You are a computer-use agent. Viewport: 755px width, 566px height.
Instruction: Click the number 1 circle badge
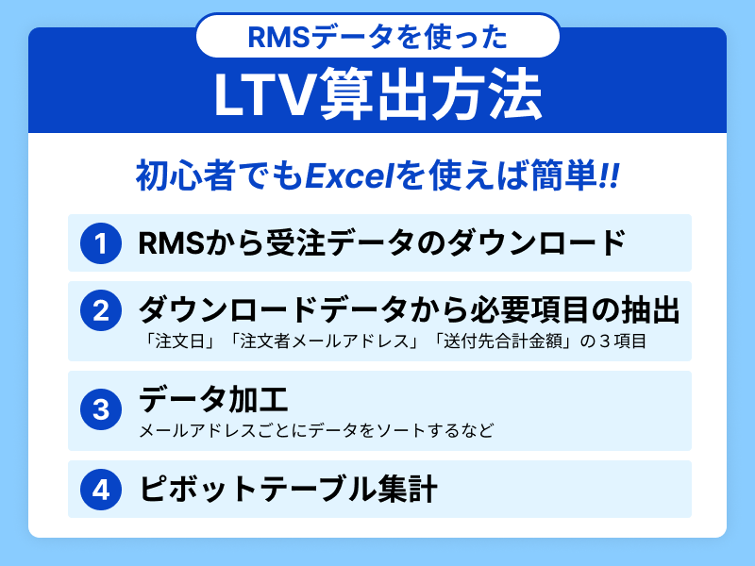click(x=101, y=243)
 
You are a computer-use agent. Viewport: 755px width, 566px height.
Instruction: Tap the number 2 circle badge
click(x=101, y=310)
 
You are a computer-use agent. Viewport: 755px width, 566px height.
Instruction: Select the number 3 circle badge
click(x=101, y=409)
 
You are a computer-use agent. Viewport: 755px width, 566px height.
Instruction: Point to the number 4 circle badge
click(x=101, y=490)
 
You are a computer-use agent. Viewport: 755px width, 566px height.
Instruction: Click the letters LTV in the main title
click(x=264, y=95)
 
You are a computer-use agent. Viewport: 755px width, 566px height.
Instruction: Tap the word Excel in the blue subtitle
click(x=351, y=175)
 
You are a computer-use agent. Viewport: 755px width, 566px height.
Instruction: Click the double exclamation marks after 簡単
click(x=609, y=176)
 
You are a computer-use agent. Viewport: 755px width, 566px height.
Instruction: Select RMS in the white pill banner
click(x=277, y=38)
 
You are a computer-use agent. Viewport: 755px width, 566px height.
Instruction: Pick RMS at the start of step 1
click(x=172, y=242)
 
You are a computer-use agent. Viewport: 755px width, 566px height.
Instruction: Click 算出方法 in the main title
click(x=429, y=94)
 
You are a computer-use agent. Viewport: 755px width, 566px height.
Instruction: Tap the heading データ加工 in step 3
click(x=213, y=399)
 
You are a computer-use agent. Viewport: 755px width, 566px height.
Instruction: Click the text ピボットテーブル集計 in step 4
click(x=288, y=489)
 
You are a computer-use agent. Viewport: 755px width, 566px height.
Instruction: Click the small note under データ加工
click(x=316, y=430)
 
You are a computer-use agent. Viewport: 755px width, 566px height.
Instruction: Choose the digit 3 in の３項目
click(x=604, y=341)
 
